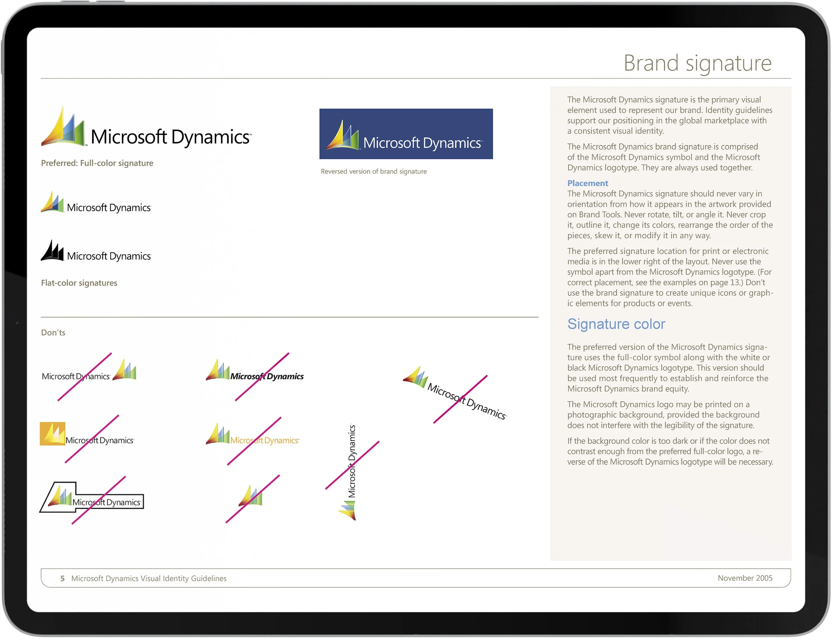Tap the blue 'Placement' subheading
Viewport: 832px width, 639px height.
pyautogui.click(x=587, y=183)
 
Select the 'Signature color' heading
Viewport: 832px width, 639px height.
pyautogui.click(x=616, y=324)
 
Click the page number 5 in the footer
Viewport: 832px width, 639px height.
pyautogui.click(x=62, y=578)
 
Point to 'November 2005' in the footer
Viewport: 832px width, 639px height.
pyautogui.click(x=744, y=578)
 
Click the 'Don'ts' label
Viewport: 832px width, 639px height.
pyautogui.click(x=53, y=332)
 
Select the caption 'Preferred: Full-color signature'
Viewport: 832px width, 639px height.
pyautogui.click(x=97, y=163)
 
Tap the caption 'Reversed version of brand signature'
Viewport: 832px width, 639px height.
pyautogui.click(x=373, y=171)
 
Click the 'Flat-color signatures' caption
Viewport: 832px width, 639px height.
pyautogui.click(x=79, y=283)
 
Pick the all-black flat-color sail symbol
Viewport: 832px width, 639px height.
pyautogui.click(x=53, y=251)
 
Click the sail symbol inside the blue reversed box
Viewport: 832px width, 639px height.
pyautogui.click(x=342, y=136)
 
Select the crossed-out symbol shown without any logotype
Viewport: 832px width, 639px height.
pyautogui.click(x=251, y=496)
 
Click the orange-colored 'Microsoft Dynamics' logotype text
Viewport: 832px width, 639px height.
pyautogui.click(x=265, y=440)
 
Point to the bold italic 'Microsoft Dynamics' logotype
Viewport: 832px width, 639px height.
pyautogui.click(x=267, y=376)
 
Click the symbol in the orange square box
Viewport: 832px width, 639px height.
pyautogui.click(x=53, y=433)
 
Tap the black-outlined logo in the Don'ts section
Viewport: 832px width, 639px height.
pyautogui.click(x=92, y=498)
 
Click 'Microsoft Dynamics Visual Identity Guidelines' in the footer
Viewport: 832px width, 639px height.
pyautogui.click(x=149, y=578)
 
